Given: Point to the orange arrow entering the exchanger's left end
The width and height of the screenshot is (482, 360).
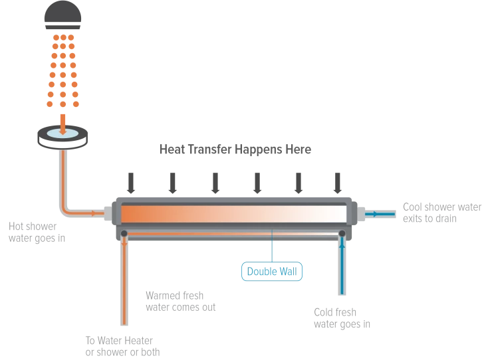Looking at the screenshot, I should tap(96, 214).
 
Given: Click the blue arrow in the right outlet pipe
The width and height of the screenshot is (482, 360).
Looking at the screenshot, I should tap(376, 214).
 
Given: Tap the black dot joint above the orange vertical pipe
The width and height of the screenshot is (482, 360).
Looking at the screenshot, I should tap(124, 233).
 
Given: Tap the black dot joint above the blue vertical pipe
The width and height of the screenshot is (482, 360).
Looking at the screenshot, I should tap(342, 233).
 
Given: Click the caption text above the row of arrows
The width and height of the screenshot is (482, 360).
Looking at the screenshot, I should tap(237, 149).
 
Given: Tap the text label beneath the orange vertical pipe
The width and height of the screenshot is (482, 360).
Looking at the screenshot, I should tap(122, 344).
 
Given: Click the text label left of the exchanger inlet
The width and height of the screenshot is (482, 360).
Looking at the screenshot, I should tap(36, 232).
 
